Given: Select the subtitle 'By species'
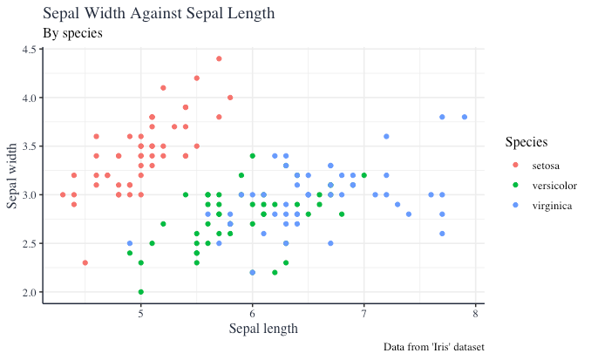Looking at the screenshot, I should coord(72,33).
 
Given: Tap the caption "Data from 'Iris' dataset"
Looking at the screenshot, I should coord(433,347).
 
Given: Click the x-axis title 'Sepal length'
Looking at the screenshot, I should coord(263,329).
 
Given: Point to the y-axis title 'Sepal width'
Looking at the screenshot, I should coord(13,174).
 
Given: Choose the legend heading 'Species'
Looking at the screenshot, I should coord(526,141).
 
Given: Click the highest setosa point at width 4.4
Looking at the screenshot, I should coord(219,59).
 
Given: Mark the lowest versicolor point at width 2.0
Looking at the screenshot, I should coord(141,292).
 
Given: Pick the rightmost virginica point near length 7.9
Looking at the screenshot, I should coord(465,117).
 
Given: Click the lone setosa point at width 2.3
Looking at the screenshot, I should coord(85,262).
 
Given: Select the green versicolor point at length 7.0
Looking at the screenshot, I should coord(364,175).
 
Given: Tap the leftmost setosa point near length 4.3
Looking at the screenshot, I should coord(63,194).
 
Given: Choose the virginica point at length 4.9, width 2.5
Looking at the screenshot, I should coord(130,243).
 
